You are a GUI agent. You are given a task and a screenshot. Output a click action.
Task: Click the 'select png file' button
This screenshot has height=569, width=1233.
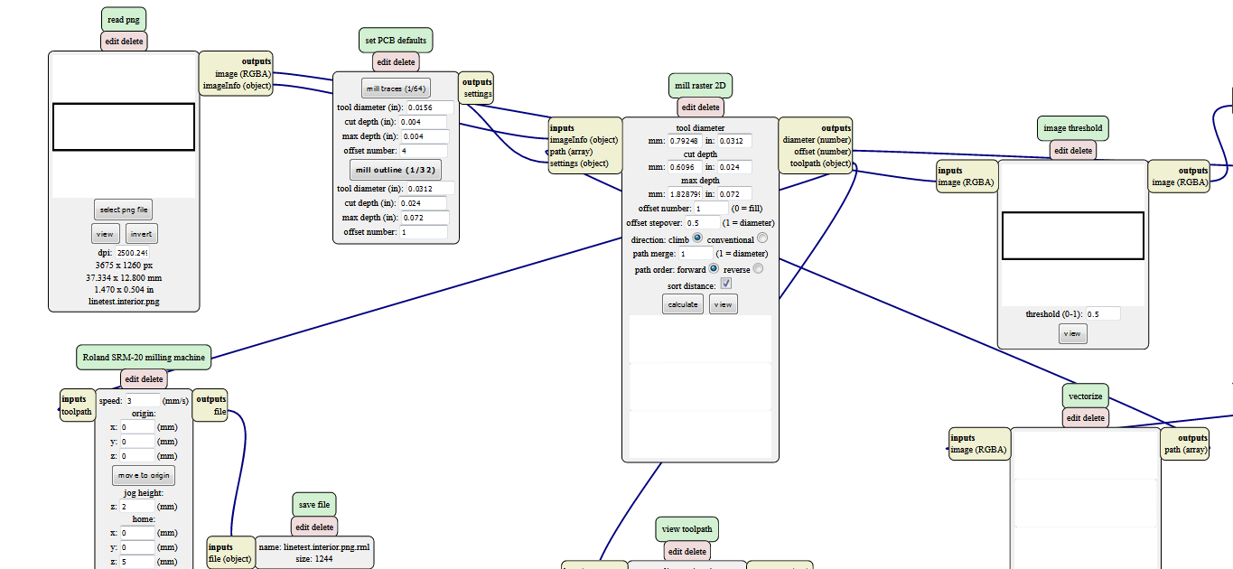123,210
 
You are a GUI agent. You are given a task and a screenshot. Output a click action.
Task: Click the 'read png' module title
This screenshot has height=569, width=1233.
123,19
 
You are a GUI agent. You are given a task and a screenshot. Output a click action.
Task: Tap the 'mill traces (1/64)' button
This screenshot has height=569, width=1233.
396,89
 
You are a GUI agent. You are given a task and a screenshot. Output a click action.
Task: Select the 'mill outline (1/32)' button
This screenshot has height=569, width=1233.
396,170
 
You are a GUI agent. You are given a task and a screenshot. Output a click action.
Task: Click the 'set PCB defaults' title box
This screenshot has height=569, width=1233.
396,41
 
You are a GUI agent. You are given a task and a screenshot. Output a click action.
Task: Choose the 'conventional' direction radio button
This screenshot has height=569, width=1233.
762,238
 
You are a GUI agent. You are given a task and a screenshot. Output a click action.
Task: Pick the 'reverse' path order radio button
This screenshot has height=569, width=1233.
758,268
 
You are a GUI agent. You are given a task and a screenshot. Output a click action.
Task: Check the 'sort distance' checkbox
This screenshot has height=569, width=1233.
725,284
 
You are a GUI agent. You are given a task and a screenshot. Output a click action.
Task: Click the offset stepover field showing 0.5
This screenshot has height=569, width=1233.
703,222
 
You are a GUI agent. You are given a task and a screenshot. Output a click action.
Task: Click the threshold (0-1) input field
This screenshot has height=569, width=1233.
1102,314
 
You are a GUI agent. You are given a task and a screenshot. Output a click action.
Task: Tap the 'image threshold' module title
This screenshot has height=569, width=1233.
1073,128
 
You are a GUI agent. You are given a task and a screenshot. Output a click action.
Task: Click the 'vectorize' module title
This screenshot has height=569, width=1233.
1085,396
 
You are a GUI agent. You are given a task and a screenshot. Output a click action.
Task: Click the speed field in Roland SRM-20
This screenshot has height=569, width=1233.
141,400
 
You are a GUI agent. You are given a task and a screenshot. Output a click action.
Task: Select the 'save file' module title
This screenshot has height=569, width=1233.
314,504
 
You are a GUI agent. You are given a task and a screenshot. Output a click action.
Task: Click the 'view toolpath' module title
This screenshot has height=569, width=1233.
687,529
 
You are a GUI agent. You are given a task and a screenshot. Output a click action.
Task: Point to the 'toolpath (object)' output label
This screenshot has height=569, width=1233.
820,163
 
